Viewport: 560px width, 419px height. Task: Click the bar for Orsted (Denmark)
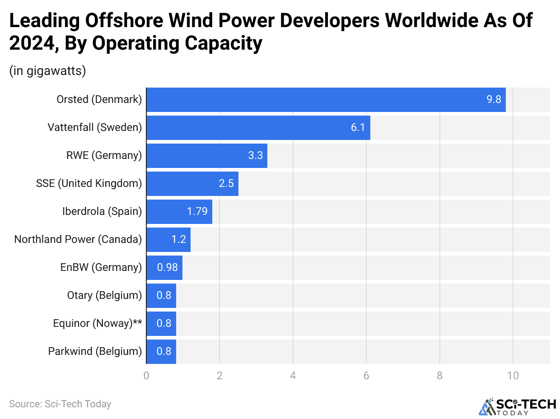click(x=326, y=99)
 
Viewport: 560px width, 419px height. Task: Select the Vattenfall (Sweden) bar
click(x=258, y=127)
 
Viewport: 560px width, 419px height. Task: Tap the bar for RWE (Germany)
click(x=206, y=155)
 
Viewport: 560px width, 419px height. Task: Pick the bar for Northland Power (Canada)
click(x=168, y=239)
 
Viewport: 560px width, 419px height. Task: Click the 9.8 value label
click(x=494, y=99)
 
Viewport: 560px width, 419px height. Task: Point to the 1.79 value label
click(x=197, y=211)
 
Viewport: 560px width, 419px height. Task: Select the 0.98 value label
click(x=167, y=267)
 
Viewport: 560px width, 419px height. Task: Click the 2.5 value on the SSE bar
click(x=226, y=183)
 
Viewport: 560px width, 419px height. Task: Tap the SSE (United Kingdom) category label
click(x=89, y=183)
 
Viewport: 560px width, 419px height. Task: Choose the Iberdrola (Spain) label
click(x=102, y=211)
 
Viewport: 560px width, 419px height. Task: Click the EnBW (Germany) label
click(x=101, y=267)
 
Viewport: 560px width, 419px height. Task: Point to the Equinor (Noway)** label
click(x=98, y=323)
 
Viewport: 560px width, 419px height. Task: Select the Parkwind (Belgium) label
click(x=95, y=351)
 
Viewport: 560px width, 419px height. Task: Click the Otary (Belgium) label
click(x=104, y=295)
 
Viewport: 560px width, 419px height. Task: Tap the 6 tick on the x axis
click(x=366, y=375)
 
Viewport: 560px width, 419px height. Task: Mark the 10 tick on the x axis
click(x=513, y=375)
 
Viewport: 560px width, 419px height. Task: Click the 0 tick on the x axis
click(x=146, y=375)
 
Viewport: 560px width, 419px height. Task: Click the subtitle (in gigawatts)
click(x=47, y=71)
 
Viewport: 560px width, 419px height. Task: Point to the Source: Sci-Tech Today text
click(x=60, y=404)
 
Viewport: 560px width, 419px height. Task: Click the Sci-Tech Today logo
click(x=517, y=406)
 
